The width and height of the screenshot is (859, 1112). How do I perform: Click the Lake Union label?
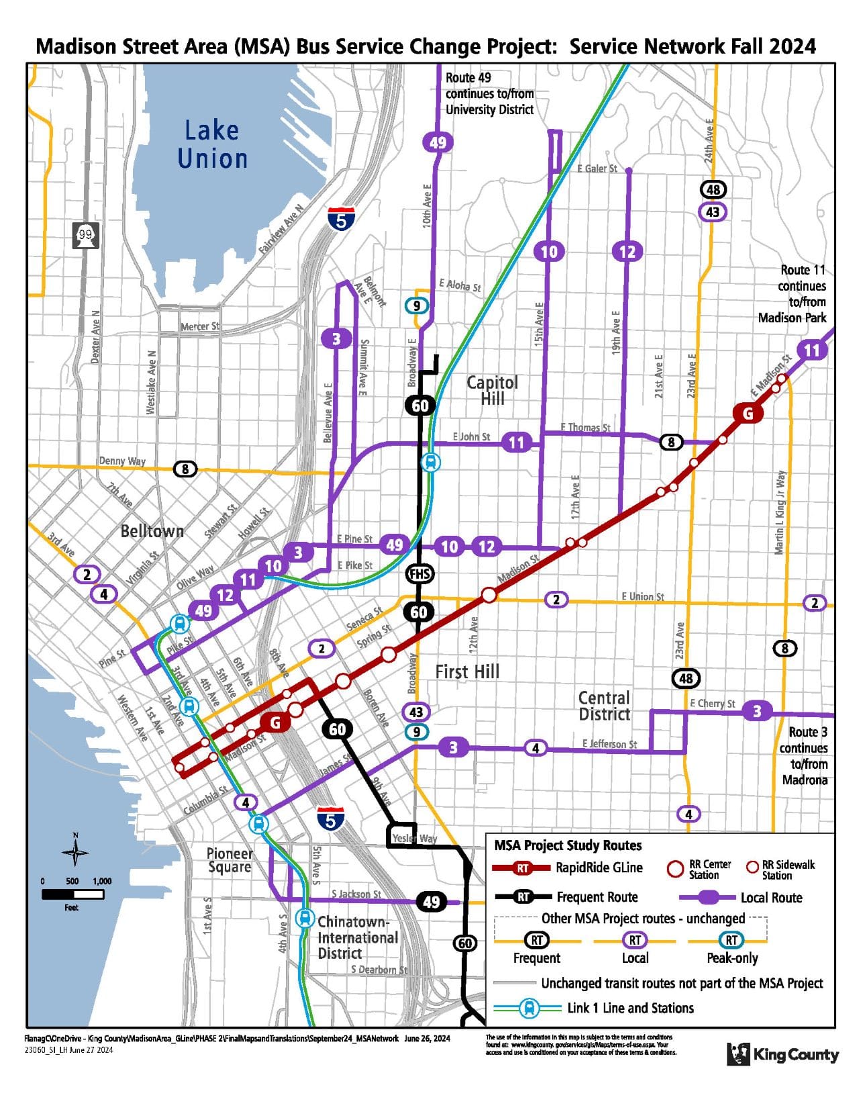[x=212, y=144]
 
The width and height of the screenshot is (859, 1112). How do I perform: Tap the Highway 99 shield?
[x=85, y=235]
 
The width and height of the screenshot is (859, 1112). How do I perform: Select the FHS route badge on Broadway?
[x=419, y=574]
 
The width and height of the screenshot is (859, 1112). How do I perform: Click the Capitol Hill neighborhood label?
[x=492, y=390]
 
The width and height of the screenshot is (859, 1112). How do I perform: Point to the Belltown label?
[x=152, y=531]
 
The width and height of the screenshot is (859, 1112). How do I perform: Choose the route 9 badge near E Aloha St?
[x=417, y=306]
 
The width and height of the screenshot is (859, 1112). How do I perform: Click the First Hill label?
[x=467, y=671]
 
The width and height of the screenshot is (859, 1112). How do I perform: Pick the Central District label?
[x=604, y=706]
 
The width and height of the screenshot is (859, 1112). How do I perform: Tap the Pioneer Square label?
[x=230, y=860]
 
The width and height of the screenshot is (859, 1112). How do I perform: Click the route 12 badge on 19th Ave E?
[x=627, y=252]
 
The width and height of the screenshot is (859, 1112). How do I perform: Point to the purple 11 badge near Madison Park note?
[x=812, y=350]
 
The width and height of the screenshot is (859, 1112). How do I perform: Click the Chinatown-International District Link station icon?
[x=305, y=917]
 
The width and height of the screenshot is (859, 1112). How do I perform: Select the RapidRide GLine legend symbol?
[x=523, y=868]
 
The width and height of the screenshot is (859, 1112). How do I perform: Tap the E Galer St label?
[x=597, y=169]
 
